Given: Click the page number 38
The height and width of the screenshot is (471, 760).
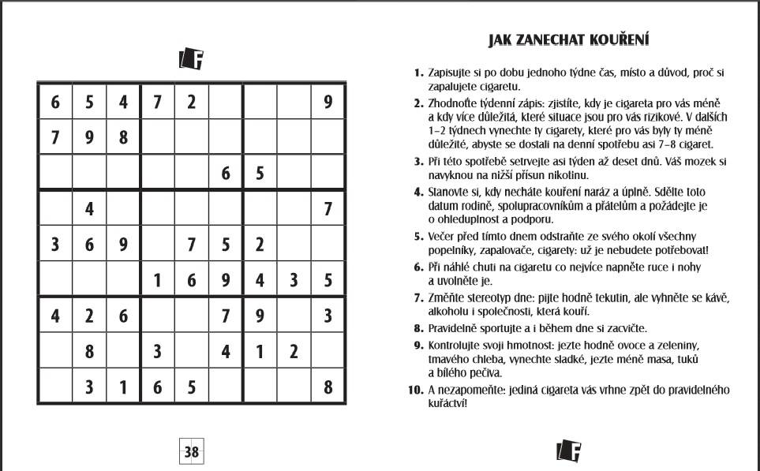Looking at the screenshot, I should coord(192,453).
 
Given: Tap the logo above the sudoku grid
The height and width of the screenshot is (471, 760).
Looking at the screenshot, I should coord(192,58).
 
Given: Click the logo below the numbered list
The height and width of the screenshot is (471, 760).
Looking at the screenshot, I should coord(568,450).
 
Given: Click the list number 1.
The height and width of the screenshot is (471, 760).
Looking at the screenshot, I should coord(419,73).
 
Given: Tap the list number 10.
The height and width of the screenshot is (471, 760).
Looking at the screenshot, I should coord(416,390).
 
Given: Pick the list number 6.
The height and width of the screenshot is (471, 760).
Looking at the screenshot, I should coord(419,267).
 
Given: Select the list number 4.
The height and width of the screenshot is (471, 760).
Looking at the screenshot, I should coord(419,192).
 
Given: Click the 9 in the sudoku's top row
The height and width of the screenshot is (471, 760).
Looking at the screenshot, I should coord(328,102).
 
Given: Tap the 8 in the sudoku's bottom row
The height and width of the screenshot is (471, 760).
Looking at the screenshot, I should coord(328,387).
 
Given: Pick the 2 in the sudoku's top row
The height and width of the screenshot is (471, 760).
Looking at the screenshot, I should coord(191,102).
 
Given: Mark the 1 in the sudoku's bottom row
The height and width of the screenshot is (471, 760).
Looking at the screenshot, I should coord(123,387).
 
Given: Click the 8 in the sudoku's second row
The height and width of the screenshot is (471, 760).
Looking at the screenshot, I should coord(123,137).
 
